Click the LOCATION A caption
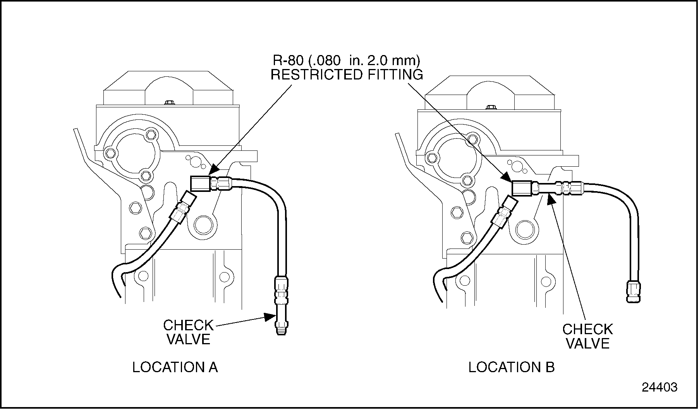(x=175, y=367)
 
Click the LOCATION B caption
(x=511, y=367)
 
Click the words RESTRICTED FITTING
(x=347, y=74)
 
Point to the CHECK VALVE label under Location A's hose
(x=188, y=332)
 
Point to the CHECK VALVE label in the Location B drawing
(x=587, y=336)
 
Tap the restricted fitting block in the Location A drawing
(x=200, y=183)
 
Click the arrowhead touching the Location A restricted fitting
(x=214, y=171)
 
